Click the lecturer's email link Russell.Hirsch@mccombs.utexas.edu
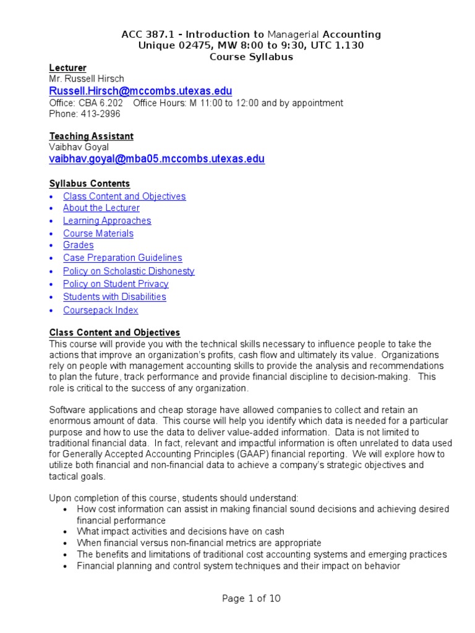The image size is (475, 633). coord(140,91)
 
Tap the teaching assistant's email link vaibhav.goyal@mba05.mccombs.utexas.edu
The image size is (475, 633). coord(156,159)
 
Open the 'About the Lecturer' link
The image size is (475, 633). coord(101,208)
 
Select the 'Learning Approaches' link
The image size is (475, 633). coord(106,221)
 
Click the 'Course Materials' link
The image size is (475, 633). coord(98,234)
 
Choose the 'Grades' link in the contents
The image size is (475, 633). coord(78,245)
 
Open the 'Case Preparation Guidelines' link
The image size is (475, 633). coord(122,258)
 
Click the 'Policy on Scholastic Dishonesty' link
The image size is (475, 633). coord(129,271)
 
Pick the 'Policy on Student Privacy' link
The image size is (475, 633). coord(116,284)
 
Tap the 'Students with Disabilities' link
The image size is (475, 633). coord(114,297)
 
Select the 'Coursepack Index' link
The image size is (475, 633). coord(100,310)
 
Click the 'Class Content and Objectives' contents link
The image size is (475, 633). coord(124,197)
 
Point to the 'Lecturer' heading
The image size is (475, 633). coord(67,68)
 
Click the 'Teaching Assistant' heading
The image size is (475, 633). coord(91,136)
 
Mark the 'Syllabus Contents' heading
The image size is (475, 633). coord(89,184)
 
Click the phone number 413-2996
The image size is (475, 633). coord(98,114)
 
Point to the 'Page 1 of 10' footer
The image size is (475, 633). coord(251,598)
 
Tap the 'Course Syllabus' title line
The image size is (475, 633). coord(251,57)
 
